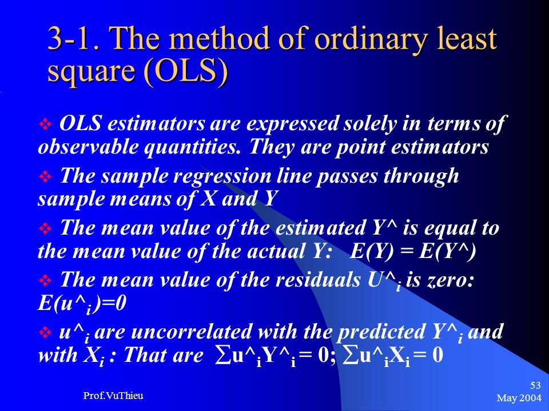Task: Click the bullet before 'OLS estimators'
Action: (45, 124)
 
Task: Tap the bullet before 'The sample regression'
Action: (45, 176)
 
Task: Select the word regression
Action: (222, 177)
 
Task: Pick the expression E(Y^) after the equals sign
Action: (447, 251)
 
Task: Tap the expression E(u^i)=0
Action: (82, 304)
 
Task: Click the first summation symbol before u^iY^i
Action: (222, 356)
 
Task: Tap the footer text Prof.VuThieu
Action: (113, 396)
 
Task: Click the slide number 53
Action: (535, 385)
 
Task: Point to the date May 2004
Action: (519, 398)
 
